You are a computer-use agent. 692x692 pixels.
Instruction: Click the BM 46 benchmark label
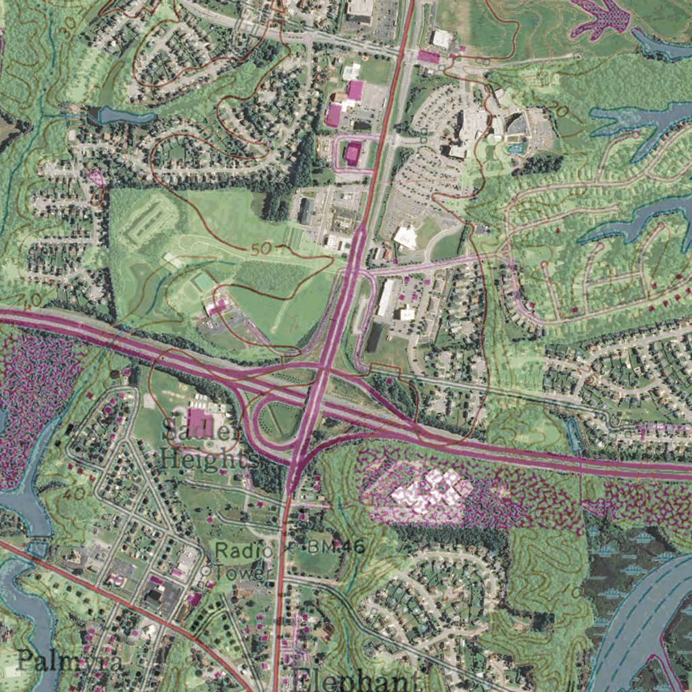tap(335, 547)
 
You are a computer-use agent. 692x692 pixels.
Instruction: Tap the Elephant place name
tap(354, 678)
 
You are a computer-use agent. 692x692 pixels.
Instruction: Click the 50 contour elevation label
tap(260, 249)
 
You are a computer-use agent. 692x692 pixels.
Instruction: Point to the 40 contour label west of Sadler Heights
tap(74, 494)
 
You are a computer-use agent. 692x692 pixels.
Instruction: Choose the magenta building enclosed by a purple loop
tap(353, 153)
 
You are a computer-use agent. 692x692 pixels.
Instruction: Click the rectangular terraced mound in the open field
tap(144, 220)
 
